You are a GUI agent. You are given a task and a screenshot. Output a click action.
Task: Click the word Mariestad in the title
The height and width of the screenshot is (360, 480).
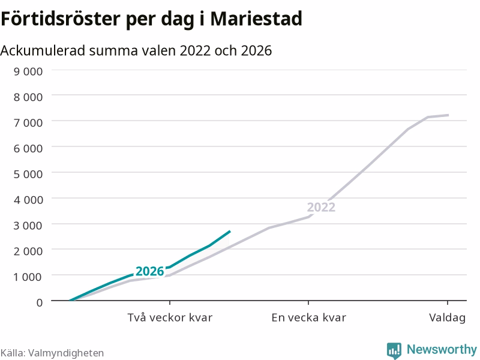pos(256,19)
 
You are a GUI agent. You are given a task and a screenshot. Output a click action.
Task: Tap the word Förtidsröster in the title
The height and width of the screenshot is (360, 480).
pos(61,19)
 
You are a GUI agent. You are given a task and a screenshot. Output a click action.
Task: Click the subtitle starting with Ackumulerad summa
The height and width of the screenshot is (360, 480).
pos(136,50)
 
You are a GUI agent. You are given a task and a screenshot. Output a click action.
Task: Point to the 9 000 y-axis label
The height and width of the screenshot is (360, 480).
pos(28,71)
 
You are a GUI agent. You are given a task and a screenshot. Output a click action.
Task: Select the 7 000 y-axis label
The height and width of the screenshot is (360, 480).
pos(28,123)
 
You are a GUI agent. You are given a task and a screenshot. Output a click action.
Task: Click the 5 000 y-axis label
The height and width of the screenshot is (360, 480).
pos(28,174)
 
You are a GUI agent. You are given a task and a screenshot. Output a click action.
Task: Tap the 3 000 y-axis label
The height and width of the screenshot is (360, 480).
pos(28,226)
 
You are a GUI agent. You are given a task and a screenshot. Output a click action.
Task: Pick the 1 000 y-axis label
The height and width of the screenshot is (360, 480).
pos(28,277)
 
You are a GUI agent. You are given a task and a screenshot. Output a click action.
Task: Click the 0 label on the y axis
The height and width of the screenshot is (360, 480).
pos(40,302)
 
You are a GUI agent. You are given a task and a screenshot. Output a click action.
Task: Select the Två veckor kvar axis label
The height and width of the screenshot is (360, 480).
pos(170,317)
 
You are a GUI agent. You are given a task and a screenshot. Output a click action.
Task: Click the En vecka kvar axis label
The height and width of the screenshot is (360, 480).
pos(308,317)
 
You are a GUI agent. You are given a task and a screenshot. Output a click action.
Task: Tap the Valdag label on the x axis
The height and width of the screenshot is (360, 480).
pos(447,318)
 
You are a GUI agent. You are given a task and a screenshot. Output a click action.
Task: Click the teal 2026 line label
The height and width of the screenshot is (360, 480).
pos(149,271)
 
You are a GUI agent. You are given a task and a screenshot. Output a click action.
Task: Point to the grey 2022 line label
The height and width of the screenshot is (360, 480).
pos(321,207)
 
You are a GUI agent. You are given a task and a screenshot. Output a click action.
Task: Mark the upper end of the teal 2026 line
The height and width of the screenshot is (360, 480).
pos(230,232)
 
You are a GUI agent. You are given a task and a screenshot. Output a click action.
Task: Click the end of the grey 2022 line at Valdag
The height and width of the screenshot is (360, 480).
pos(448,115)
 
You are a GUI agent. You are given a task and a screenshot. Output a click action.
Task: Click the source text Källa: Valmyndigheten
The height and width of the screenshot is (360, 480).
pos(52,353)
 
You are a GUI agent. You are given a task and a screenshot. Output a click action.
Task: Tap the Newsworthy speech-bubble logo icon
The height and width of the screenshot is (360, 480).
pos(394,350)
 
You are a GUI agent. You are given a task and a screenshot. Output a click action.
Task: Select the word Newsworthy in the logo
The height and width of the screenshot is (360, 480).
pos(442,349)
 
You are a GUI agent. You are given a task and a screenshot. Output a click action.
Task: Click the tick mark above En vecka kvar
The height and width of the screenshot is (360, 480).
pos(308,303)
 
